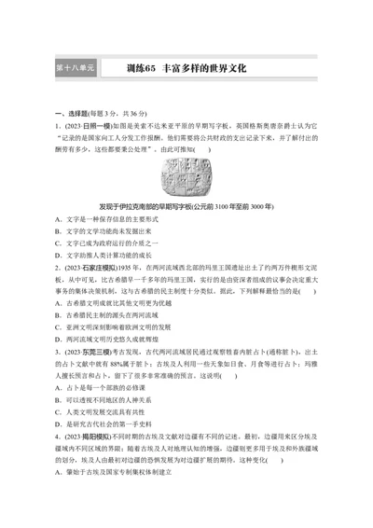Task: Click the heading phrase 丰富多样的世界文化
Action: [202, 68]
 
